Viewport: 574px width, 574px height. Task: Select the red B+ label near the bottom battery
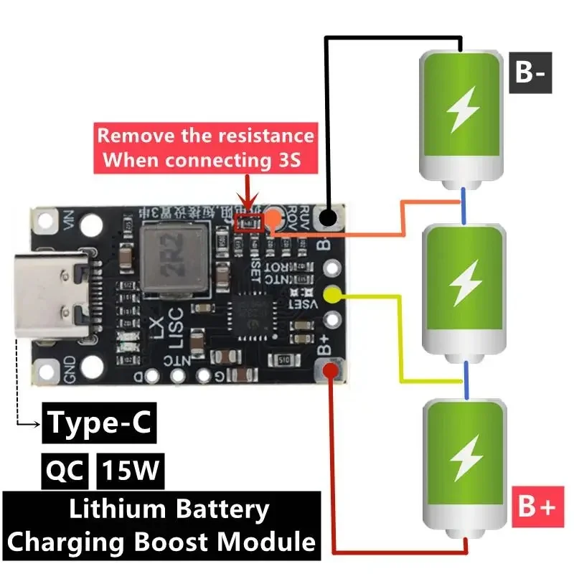535,507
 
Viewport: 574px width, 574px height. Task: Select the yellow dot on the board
331,294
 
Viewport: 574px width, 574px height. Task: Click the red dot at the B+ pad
330,371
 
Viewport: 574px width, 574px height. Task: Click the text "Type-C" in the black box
100,423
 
